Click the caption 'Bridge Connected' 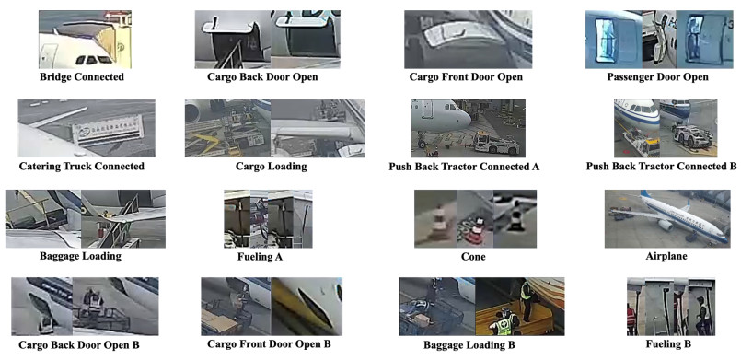point(82,76)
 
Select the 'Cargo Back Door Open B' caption point(79,345)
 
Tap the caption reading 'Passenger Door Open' point(657,76)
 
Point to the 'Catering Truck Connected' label point(82,167)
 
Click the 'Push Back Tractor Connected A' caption point(464,167)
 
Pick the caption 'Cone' point(473,258)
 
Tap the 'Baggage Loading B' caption point(469,345)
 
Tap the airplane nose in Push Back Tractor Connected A point(466,118)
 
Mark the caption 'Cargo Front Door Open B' point(269,344)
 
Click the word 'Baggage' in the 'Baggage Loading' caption point(61,257)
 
